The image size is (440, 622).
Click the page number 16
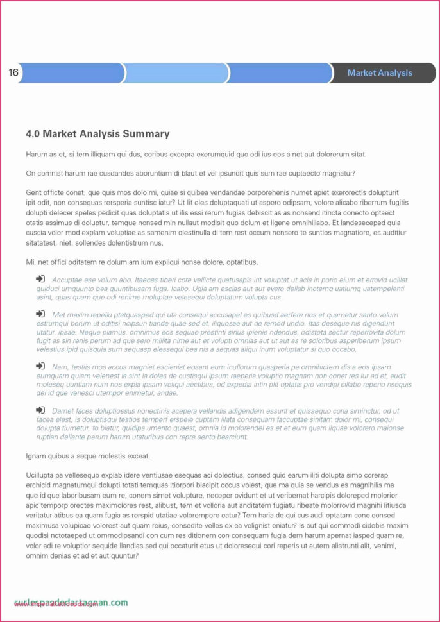tap(13, 72)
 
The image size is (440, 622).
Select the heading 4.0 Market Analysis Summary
tap(97, 134)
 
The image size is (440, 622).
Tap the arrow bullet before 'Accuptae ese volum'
tap(40, 279)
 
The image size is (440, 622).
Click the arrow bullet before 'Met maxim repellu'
tap(40, 314)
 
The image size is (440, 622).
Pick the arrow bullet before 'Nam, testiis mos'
tap(40, 366)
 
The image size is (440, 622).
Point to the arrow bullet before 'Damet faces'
tap(40, 410)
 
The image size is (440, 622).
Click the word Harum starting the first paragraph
tap(37, 155)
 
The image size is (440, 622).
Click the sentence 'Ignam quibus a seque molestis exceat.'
tap(88, 456)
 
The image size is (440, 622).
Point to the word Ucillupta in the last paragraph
tap(43, 475)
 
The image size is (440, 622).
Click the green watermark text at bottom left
tap(71, 603)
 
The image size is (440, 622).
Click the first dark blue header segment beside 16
tap(72, 73)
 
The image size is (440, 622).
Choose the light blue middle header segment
tap(174, 73)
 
